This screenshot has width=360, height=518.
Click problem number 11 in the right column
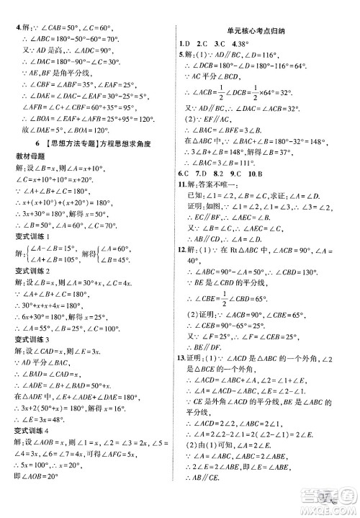coord(183,184)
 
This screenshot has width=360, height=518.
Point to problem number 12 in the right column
coord(183,250)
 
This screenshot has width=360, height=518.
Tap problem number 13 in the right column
coord(183,378)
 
